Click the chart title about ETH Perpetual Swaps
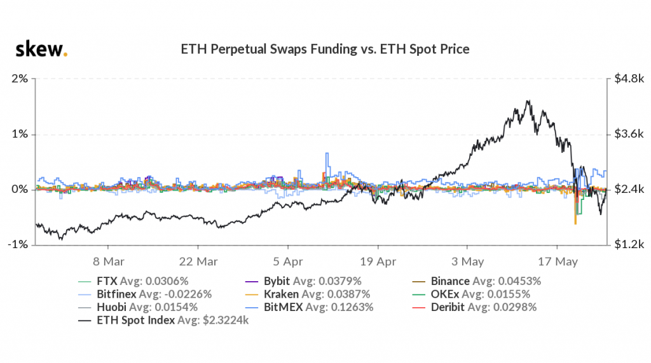click(x=325, y=49)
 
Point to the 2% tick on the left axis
click(x=19, y=79)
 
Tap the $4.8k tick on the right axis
click(x=628, y=79)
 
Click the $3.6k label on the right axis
click(x=628, y=135)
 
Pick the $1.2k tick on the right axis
click(x=628, y=245)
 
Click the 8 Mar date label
click(x=107, y=261)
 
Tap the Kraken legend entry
click(x=325, y=294)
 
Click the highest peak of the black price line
click(x=528, y=100)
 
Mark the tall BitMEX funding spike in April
click(x=327, y=154)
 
